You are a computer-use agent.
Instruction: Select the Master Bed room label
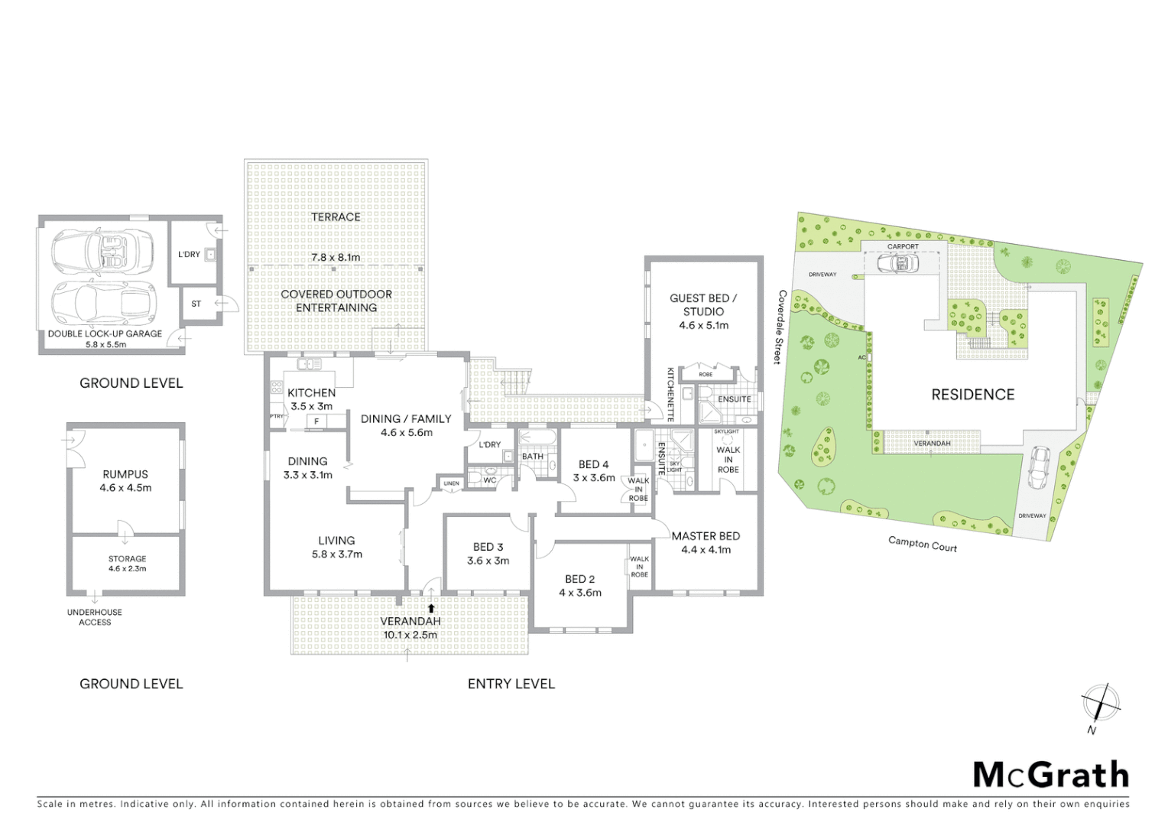tap(706, 536)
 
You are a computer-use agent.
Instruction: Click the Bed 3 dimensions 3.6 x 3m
tap(488, 561)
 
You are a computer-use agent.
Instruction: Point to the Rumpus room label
tap(125, 474)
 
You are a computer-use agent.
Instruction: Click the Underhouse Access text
tap(94, 617)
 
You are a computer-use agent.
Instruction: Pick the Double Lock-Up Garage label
tap(105, 333)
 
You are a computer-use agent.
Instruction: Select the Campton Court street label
tap(922, 544)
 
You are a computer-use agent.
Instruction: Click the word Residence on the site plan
tap(972, 395)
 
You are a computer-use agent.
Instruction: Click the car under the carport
tap(899, 264)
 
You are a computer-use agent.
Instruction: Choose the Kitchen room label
tap(311, 392)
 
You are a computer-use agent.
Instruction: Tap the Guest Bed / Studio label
tap(703, 304)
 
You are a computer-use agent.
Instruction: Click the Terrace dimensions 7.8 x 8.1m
tap(336, 258)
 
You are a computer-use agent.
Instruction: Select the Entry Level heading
tap(511, 684)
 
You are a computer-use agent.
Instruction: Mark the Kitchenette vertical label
tap(670, 395)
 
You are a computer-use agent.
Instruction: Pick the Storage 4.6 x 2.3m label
tap(127, 564)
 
